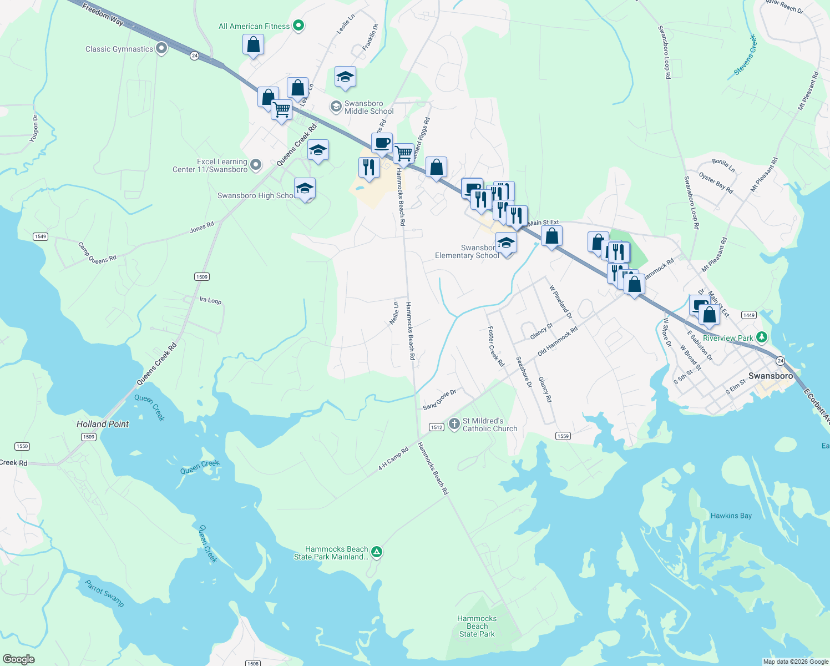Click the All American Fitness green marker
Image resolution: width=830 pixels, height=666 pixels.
[298, 26]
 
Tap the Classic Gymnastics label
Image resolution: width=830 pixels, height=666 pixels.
[119, 49]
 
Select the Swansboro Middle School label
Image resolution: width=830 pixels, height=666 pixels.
[369, 107]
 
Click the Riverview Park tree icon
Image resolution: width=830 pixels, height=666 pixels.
[762, 337]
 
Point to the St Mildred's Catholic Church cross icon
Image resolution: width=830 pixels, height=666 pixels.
[454, 425]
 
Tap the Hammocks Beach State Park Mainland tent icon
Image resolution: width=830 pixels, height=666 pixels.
[377, 552]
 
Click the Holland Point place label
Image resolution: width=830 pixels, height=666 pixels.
[103, 424]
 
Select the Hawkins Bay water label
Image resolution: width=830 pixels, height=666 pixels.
[731, 516]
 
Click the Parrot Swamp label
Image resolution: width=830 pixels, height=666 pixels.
[104, 593]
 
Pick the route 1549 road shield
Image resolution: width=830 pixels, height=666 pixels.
[40, 236]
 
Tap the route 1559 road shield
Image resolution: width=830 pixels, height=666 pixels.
[563, 436]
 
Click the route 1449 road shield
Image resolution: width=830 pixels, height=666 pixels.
[749, 315]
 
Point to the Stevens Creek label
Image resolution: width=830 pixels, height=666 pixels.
[745, 55]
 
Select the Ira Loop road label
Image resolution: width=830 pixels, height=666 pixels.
[210, 300]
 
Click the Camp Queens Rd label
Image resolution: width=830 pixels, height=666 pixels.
[97, 253]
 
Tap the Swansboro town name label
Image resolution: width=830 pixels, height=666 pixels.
[770, 376]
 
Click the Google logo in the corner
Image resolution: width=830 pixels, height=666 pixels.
[18, 659]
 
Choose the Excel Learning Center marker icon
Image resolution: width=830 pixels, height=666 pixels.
[255, 164]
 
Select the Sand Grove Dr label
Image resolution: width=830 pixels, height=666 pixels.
[439, 400]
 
